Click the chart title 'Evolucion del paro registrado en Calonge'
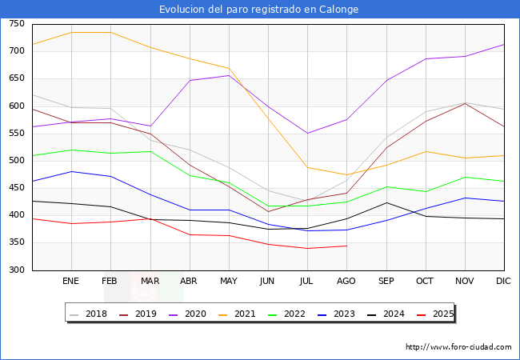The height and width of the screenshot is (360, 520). tap(259, 9)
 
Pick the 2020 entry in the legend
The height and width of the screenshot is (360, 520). tap(195, 314)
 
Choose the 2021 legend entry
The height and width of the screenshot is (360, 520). tap(245, 314)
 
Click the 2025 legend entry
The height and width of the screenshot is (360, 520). tap(441, 314)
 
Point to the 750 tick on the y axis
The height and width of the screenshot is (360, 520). tap(17, 24)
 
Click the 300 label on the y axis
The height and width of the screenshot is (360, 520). tap(17, 270)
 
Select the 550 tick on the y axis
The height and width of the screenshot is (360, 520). tap(17, 134)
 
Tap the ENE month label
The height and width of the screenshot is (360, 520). tap(70, 281)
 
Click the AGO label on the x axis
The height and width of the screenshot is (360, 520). tap(346, 281)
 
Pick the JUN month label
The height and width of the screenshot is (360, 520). tap(267, 281)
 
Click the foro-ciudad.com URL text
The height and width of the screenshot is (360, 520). tap(458, 347)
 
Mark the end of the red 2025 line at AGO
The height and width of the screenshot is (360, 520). tap(346, 246)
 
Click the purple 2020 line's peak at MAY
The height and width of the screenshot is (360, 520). tap(229, 75)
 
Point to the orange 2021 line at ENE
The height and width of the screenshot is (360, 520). tap(71, 32)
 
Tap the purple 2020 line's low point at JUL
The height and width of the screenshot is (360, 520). tap(307, 133)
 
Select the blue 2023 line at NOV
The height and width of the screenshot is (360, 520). tap(465, 198)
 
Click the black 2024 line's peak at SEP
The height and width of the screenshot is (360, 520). tap(386, 202)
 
